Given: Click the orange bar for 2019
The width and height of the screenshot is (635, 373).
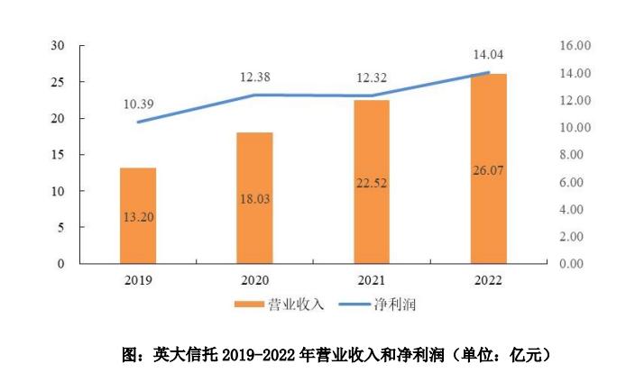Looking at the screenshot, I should pyautogui.click(x=138, y=215).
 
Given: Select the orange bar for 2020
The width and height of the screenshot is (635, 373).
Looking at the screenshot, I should pyautogui.click(x=254, y=198).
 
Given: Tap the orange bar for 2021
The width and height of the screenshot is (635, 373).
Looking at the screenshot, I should pyautogui.click(x=371, y=181).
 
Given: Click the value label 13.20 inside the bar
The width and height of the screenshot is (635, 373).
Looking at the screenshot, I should pyautogui.click(x=138, y=216).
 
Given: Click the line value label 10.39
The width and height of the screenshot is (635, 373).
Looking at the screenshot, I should pyautogui.click(x=138, y=105).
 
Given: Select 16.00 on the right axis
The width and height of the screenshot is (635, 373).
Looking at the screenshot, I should pyautogui.click(x=575, y=45).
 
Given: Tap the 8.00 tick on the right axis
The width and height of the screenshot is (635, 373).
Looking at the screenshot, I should pyautogui.click(x=575, y=155).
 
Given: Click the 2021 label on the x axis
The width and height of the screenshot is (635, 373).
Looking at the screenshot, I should pyautogui.click(x=371, y=280).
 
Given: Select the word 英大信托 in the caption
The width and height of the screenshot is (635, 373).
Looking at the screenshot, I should pyautogui.click(x=187, y=355).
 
